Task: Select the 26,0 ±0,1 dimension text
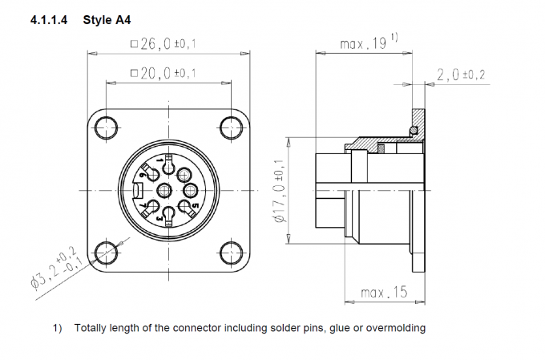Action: pos(168,44)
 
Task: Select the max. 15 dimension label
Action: pos(383,293)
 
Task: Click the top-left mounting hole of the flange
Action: pos(104,127)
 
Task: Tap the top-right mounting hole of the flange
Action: pos(230,127)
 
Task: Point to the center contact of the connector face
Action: pos(166,190)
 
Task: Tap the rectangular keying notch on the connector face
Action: pos(139,190)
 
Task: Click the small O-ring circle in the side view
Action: pos(413,131)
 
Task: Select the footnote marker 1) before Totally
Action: pos(57,327)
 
